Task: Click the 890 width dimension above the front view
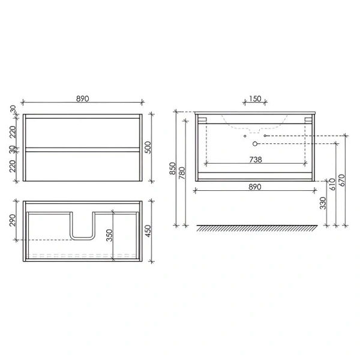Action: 83,98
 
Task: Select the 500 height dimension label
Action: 154,147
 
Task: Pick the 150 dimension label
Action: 255,99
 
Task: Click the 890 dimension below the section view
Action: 255,187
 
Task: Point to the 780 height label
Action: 182,174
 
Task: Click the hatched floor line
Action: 255,229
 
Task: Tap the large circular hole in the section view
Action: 255,144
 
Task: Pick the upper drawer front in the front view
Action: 83,131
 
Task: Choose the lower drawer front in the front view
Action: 83,165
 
